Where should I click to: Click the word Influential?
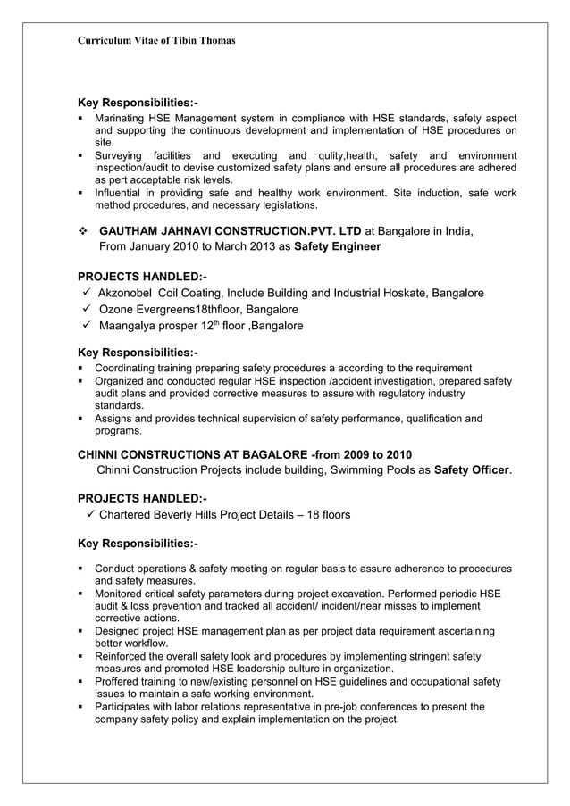(123, 193)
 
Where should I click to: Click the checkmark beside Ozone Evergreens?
(86, 309)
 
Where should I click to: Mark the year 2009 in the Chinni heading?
(349, 454)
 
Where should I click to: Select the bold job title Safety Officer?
(472, 469)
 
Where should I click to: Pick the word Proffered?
(120, 681)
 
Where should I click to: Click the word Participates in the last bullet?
(128, 706)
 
